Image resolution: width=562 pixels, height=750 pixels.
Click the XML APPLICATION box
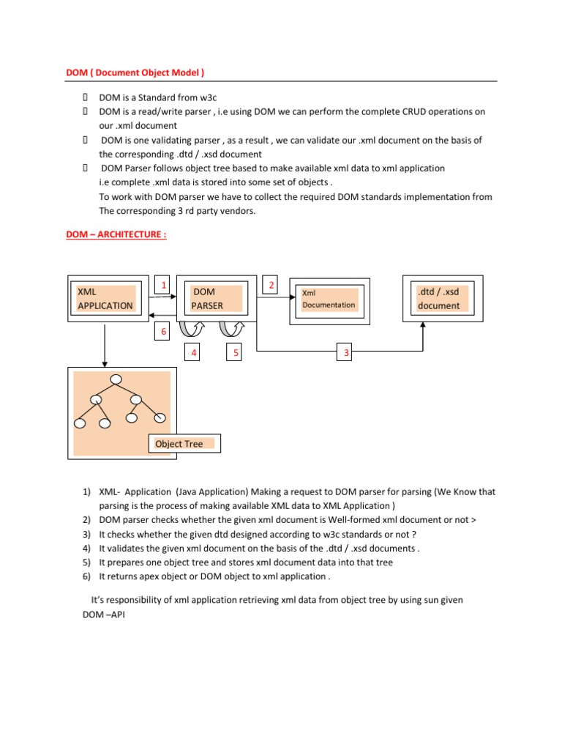click(105, 299)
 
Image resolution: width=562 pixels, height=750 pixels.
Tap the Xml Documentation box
click(329, 299)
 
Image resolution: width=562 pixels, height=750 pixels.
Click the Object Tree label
click(179, 444)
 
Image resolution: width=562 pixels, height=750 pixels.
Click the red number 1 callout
click(164, 285)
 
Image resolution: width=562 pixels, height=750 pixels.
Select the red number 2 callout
click(270, 285)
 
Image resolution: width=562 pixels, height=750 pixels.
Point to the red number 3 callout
click(346, 354)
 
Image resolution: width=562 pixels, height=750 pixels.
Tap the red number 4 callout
click(194, 354)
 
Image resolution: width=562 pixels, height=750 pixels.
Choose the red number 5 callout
click(236, 354)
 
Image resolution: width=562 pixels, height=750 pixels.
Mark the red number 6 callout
click(164, 333)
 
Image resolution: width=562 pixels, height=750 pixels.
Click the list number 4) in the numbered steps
click(86, 548)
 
